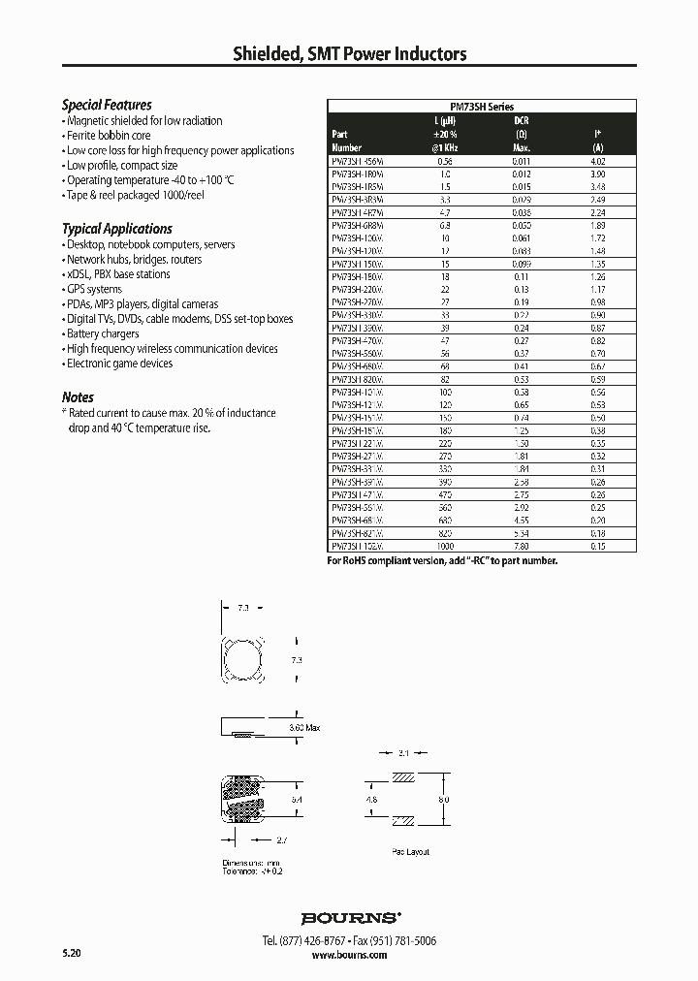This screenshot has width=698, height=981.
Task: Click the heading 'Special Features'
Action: point(107,105)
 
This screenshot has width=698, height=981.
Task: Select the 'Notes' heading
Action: point(78,397)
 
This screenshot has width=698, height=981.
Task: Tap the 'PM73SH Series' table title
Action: point(483,107)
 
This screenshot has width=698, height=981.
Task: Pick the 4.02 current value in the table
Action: point(598,161)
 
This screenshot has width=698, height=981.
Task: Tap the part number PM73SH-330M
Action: point(358,314)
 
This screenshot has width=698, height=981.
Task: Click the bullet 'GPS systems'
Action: point(94,289)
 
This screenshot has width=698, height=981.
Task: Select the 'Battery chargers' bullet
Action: point(103,333)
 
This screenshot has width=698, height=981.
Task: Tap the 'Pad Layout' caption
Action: point(411,852)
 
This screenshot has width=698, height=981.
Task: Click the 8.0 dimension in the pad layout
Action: point(443,800)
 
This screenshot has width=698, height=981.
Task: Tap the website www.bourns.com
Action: point(349,955)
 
